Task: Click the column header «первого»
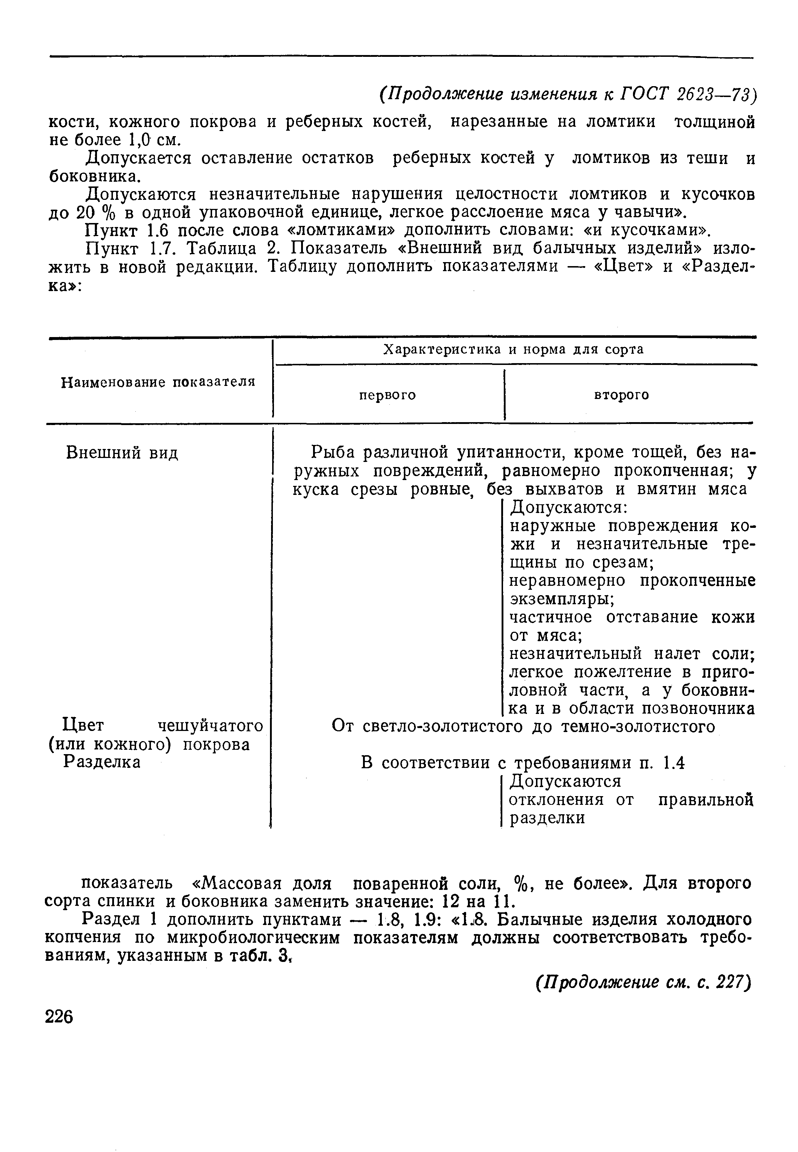388,395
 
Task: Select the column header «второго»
621,395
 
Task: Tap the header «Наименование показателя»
158,382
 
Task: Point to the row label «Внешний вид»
122,453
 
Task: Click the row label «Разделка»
101,762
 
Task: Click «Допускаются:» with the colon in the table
569,508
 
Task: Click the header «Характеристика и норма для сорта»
513,350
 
